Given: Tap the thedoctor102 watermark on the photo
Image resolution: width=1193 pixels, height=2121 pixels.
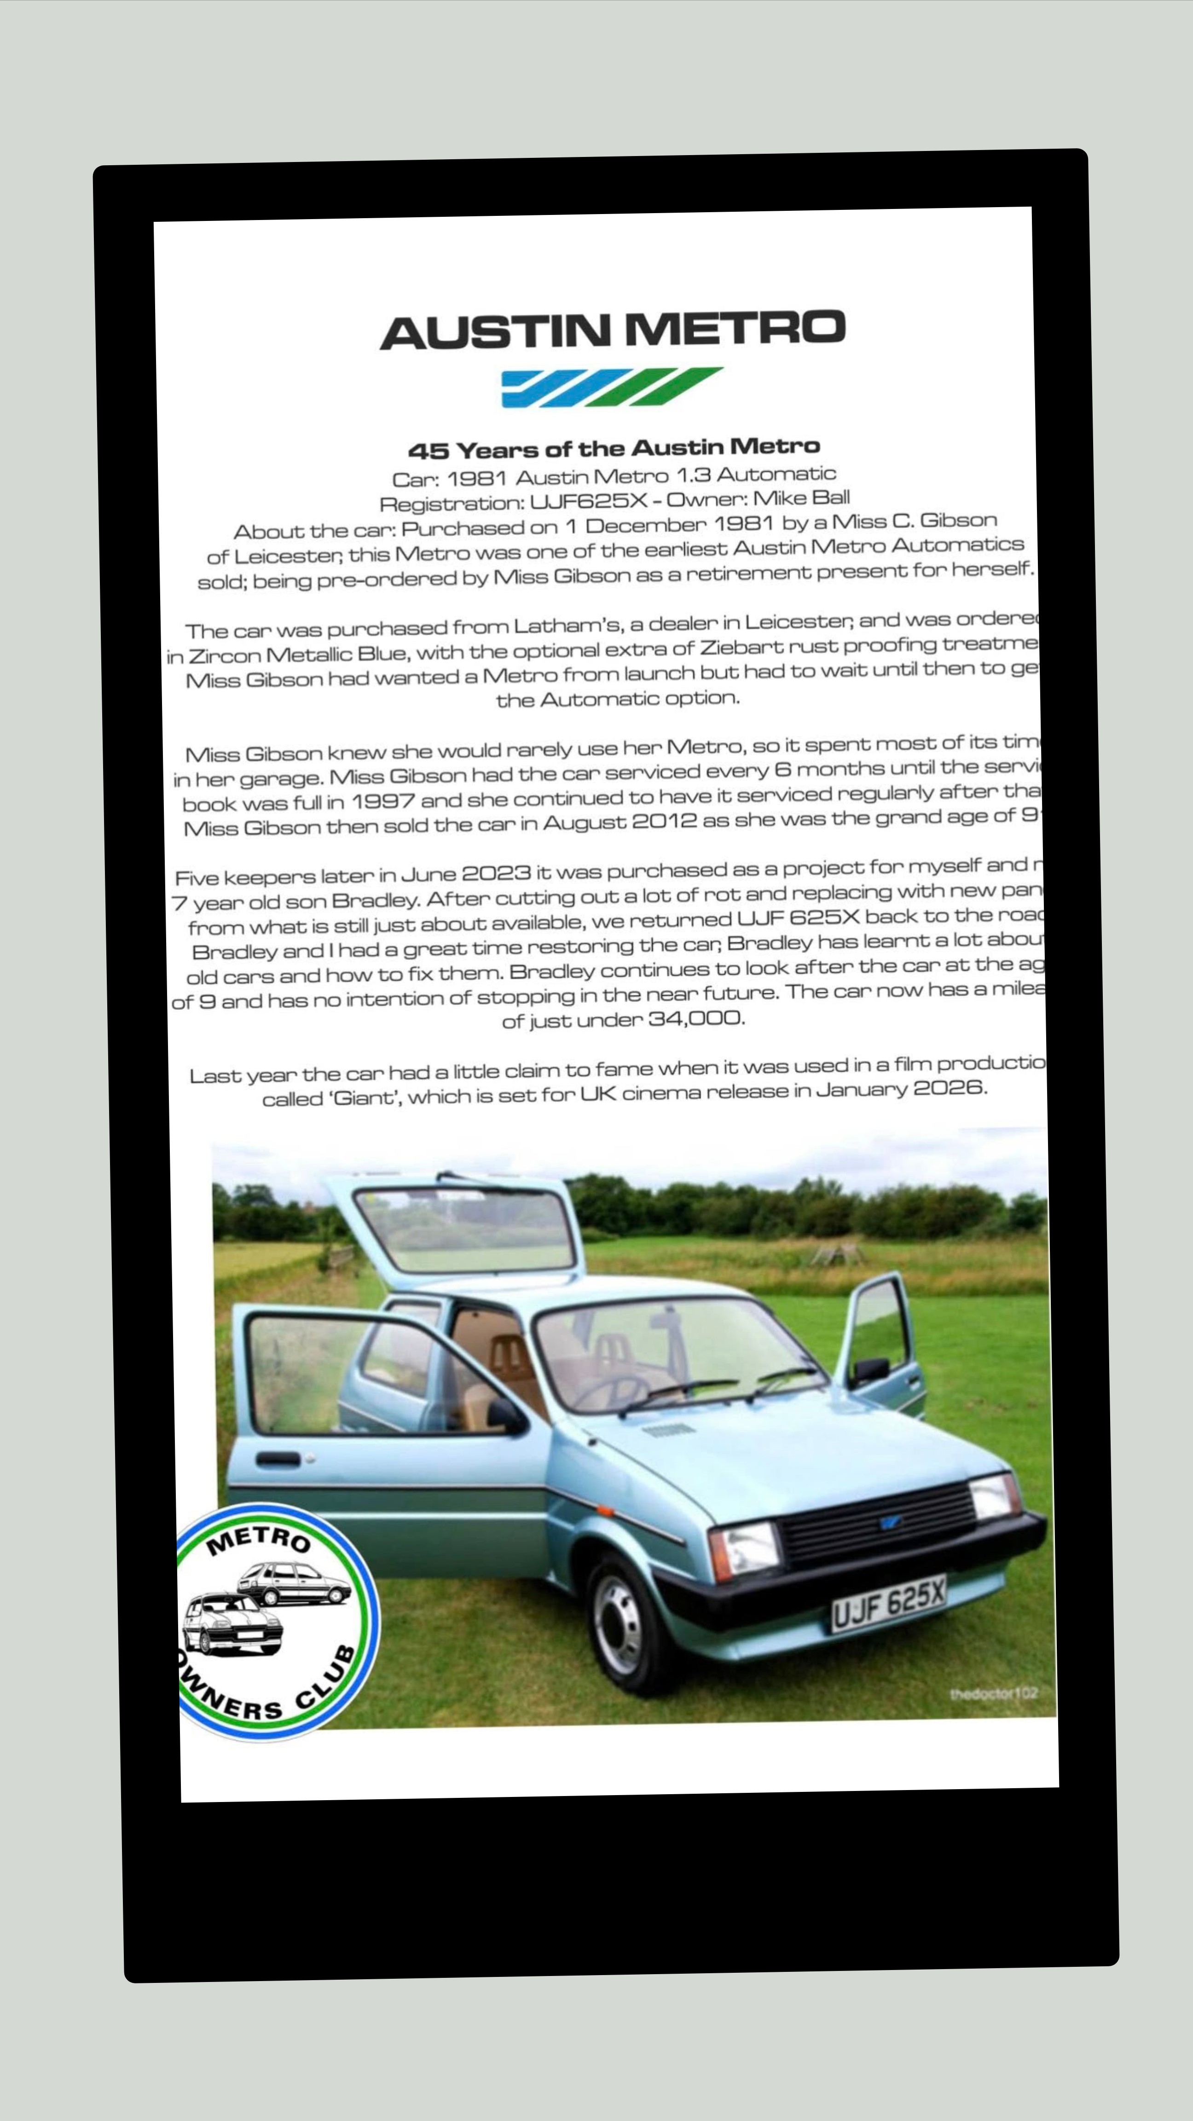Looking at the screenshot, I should pos(992,1693).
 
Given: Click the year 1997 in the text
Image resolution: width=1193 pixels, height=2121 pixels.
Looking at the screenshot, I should pos(383,801).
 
